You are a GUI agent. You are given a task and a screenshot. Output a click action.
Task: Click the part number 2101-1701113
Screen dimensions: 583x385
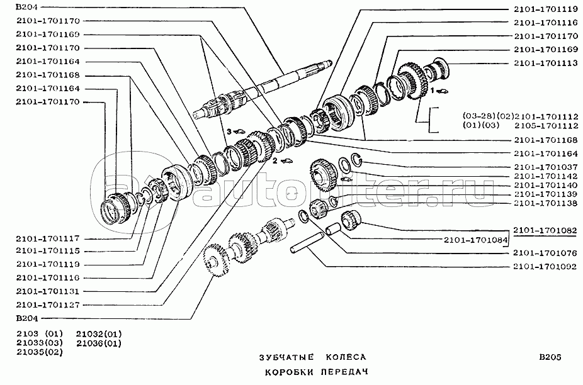coord(546,63)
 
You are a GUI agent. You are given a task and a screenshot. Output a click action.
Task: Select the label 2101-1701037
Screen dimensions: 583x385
coord(546,167)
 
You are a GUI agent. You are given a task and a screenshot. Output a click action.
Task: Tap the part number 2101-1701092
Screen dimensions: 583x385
coord(545,267)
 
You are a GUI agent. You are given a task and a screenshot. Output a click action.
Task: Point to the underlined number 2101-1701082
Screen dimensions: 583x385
coord(545,230)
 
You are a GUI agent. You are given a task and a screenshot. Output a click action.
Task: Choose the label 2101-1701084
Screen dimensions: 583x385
coord(475,240)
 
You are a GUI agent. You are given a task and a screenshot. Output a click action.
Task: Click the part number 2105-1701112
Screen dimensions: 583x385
coord(546,126)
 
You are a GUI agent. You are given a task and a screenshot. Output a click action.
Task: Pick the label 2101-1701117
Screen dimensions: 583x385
coord(48,238)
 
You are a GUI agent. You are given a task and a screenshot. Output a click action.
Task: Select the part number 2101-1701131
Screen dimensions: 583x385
coord(48,291)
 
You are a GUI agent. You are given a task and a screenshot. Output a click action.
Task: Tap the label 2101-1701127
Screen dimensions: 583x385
coord(48,305)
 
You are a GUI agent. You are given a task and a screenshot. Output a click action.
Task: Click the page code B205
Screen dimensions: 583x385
coord(550,357)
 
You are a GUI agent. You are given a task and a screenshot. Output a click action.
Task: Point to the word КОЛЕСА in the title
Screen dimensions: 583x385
coord(346,357)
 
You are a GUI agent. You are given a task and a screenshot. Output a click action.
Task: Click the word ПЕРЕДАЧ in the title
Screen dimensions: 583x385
coord(344,372)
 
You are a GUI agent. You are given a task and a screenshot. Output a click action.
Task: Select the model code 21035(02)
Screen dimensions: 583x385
coord(40,352)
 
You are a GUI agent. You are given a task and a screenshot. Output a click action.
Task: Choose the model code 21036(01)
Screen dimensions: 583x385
coord(99,343)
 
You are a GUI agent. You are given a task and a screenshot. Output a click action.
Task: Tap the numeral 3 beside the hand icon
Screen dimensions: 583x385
coord(229,131)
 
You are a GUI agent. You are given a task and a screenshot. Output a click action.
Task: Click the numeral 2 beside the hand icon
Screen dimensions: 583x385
coord(275,160)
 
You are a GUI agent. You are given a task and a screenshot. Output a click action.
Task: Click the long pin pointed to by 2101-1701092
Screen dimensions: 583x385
coord(307,243)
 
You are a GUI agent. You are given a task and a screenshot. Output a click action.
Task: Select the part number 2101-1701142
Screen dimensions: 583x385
coord(546,176)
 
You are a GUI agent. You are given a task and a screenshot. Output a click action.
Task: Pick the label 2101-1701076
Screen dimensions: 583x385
coord(545,253)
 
